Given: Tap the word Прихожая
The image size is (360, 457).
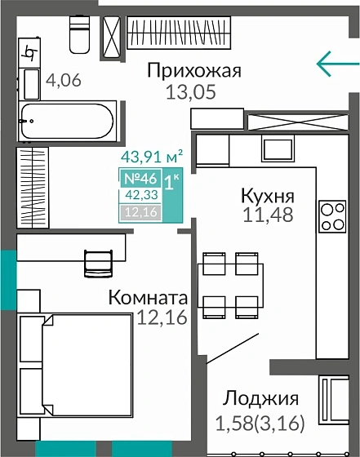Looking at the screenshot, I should pyautogui.click(x=194, y=71).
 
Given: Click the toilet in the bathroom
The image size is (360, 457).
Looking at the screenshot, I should pyautogui.click(x=80, y=34).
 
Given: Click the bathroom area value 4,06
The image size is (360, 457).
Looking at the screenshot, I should pyautogui.click(x=64, y=81).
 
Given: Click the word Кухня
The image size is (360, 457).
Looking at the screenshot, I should pyautogui.click(x=267, y=196).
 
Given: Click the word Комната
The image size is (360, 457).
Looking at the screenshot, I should pyautogui.click(x=149, y=298).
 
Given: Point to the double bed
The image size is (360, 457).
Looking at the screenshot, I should pyautogui.click(x=76, y=366).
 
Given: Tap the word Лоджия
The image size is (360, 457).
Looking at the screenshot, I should pyautogui.click(x=261, y=399).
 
